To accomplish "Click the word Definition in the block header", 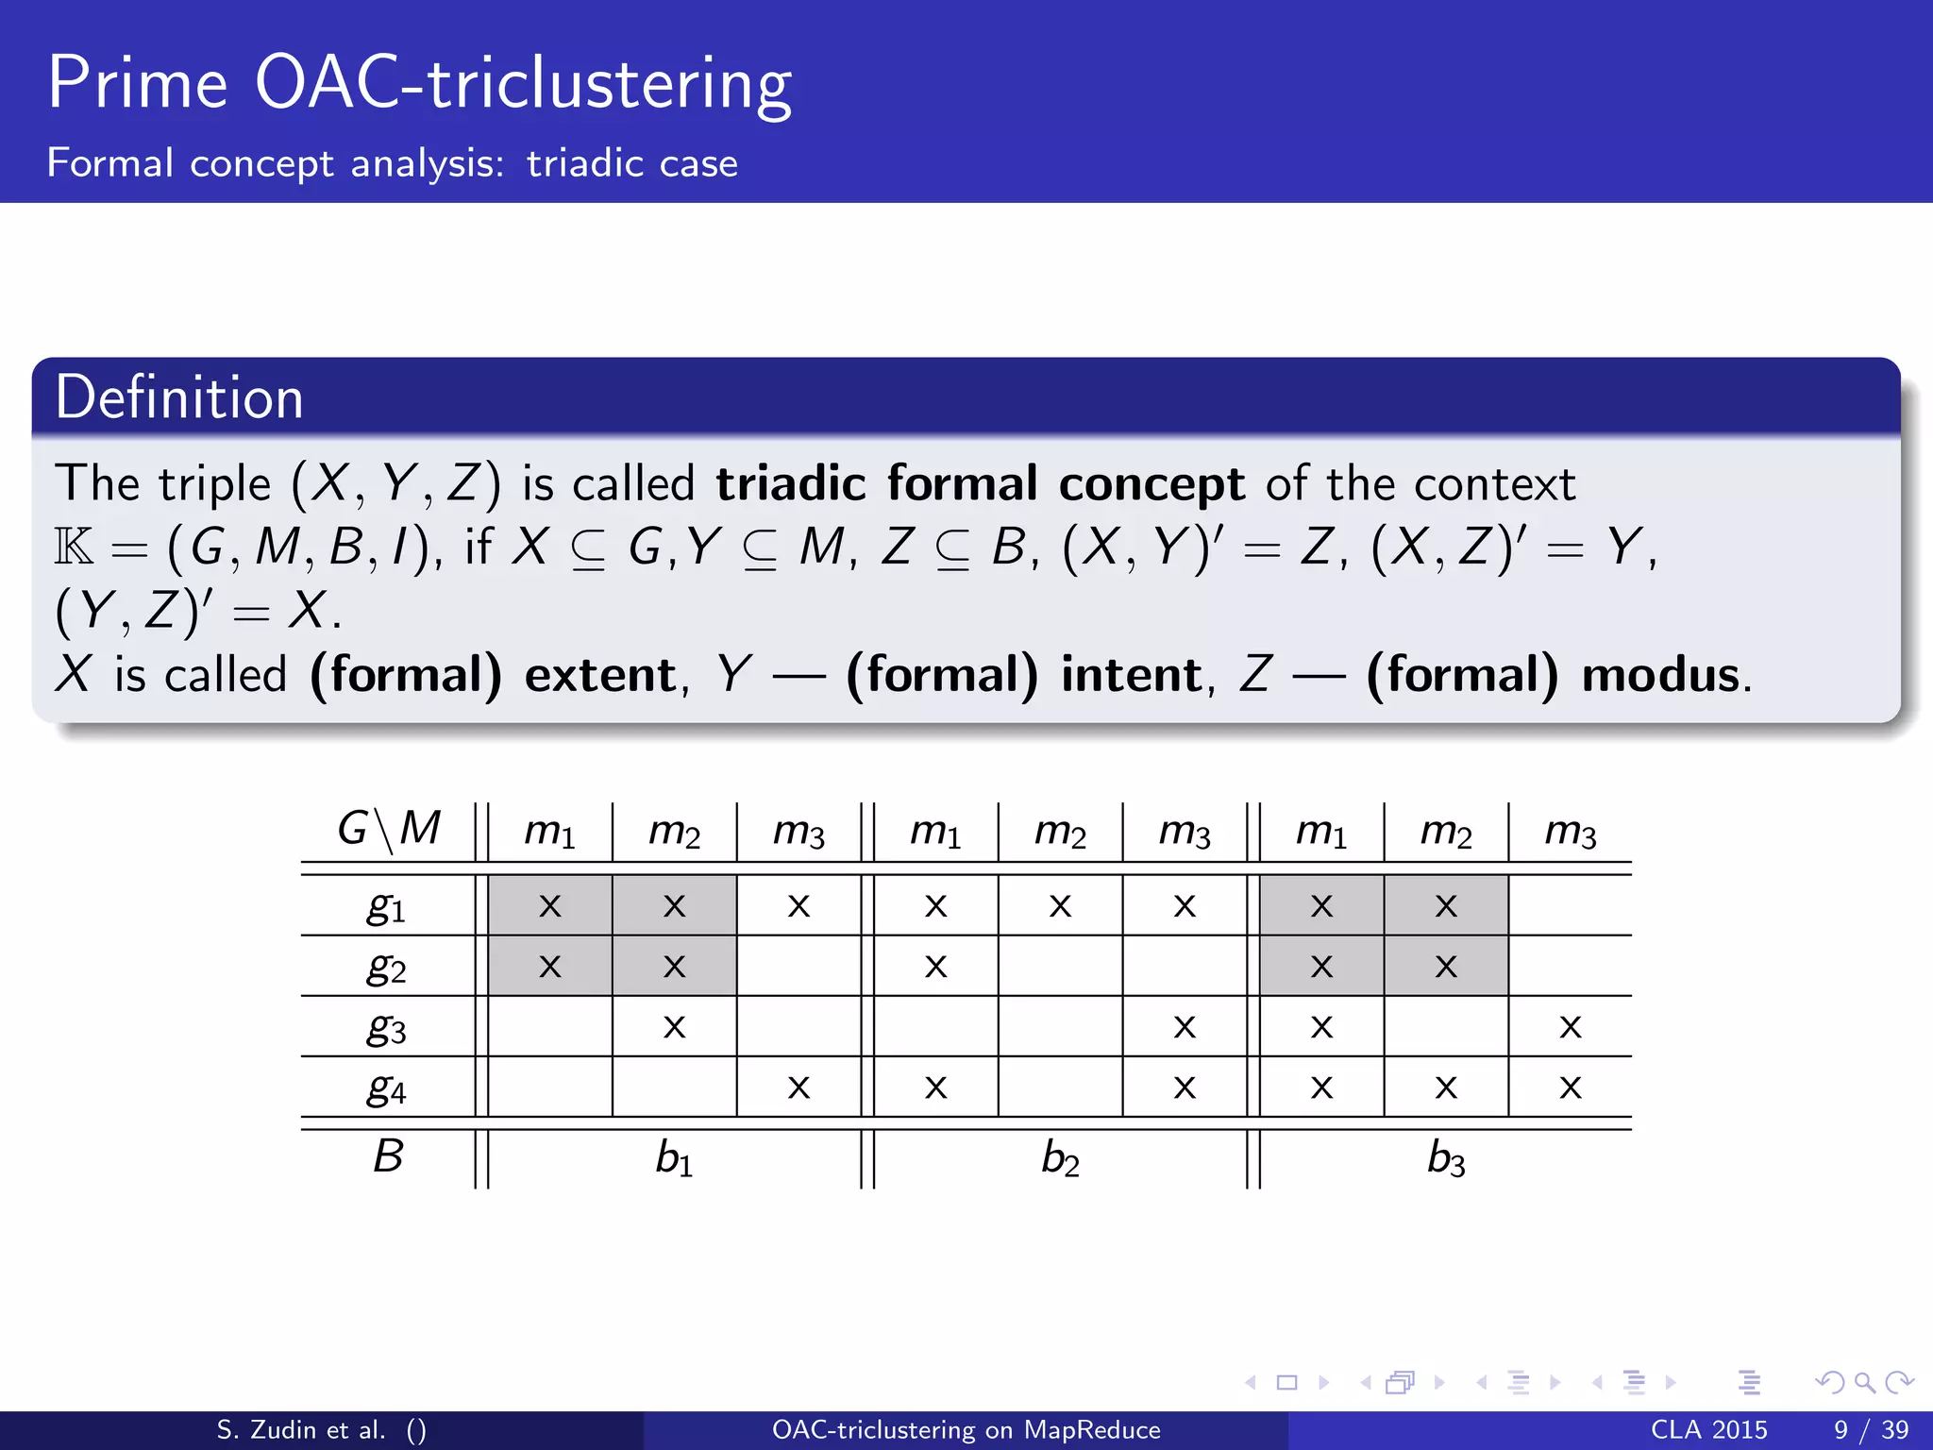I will [179, 397].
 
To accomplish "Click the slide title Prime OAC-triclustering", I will [419, 85].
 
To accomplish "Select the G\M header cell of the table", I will [389, 830].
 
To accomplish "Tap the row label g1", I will [386, 907].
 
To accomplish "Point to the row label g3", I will [386, 1028].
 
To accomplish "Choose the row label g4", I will [386, 1088].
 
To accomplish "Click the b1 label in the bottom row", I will [674, 1157].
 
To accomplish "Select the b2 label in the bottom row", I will [1060, 1157].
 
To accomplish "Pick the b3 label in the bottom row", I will [1446, 1157].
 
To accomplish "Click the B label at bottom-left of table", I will [388, 1156].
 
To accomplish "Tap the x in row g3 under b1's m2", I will [674, 1027].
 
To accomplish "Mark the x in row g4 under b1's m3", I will [798, 1087].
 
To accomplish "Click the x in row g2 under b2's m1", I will [935, 967].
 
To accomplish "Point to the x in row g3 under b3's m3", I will [1570, 1027].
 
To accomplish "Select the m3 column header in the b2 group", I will [1185, 832].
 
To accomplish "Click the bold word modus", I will [1660, 675].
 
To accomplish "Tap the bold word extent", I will [600, 675].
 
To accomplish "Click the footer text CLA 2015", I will [1708, 1429].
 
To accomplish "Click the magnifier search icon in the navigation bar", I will [1864, 1383].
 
